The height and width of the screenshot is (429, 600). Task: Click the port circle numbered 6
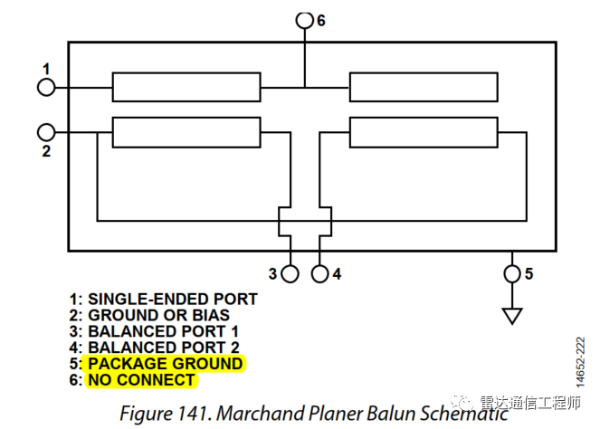click(304, 19)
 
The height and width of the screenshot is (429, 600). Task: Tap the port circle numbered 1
click(46, 87)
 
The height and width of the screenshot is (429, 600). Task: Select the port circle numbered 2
click(46, 131)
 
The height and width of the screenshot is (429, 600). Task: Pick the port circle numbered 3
click(290, 272)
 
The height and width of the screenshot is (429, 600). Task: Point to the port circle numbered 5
click(512, 272)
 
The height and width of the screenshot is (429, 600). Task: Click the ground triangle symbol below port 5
click(512, 315)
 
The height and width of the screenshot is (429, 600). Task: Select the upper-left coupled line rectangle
click(186, 87)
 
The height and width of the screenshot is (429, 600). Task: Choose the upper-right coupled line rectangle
click(424, 87)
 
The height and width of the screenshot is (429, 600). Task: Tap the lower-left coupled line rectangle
click(186, 131)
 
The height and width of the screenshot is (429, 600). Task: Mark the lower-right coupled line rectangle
click(424, 131)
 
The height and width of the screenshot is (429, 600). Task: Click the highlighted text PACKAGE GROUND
click(165, 364)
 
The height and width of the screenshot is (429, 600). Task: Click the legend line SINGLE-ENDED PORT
click(172, 300)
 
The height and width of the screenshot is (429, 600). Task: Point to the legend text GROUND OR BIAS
click(158, 316)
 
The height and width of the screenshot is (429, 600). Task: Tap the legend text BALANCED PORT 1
click(163, 331)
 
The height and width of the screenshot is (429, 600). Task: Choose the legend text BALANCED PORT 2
click(163, 348)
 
